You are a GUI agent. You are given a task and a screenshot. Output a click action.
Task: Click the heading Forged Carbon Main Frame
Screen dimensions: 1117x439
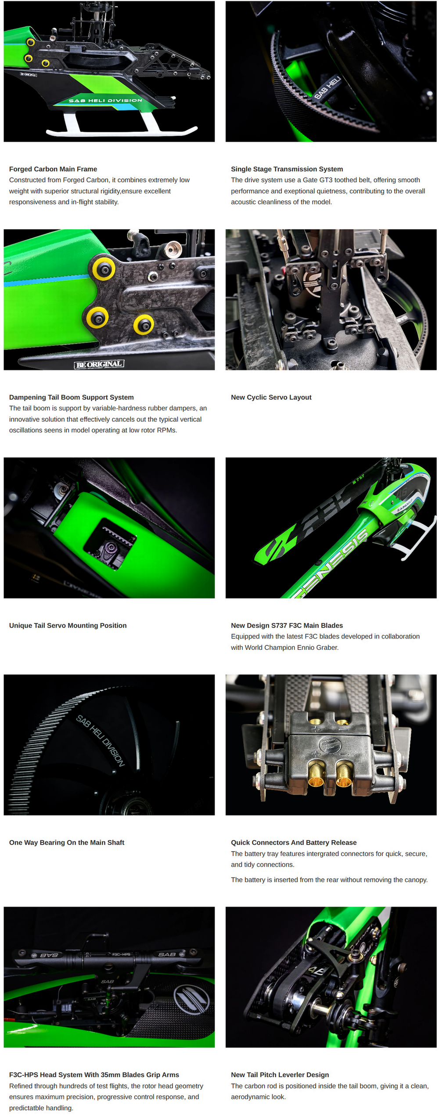53,169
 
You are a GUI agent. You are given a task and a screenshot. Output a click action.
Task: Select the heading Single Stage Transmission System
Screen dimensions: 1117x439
287,169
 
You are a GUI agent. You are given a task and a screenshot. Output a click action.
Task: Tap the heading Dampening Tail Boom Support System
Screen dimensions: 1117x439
71,397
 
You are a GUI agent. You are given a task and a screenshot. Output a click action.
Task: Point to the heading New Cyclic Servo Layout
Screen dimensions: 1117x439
271,397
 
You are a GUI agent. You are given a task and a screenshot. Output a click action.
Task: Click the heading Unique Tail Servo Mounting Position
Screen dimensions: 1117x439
68,625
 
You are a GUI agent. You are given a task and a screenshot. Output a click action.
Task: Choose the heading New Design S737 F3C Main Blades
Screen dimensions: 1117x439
287,625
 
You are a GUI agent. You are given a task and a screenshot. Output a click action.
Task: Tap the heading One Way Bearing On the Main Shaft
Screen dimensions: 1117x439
67,842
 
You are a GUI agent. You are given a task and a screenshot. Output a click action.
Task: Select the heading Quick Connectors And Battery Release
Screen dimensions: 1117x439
294,842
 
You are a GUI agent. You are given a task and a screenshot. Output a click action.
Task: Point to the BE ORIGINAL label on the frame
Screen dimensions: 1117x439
99,364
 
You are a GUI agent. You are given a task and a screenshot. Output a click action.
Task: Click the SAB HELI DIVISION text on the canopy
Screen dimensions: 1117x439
105,101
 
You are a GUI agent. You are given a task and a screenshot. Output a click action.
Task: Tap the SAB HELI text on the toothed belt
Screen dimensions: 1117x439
327,87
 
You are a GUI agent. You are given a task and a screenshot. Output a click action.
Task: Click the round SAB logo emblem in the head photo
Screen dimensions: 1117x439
191,1000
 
